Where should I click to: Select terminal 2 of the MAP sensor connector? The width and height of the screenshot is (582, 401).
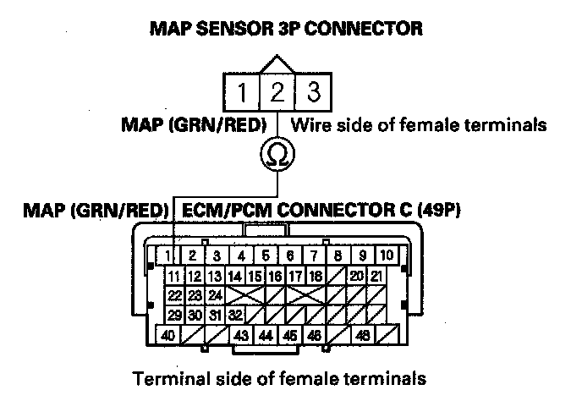click(277, 91)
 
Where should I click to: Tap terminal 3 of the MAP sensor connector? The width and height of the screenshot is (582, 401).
click(313, 91)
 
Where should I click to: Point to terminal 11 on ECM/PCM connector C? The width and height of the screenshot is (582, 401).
click(173, 276)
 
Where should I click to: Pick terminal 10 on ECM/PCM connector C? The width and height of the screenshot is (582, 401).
click(387, 255)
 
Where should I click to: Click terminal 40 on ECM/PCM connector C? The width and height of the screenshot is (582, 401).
click(168, 336)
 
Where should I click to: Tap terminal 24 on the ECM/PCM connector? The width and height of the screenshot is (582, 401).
click(215, 295)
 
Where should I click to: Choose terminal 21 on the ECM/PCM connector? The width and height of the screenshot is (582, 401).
click(376, 276)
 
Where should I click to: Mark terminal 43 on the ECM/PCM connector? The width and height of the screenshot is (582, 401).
click(242, 336)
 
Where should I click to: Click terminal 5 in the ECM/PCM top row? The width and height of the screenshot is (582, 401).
click(265, 255)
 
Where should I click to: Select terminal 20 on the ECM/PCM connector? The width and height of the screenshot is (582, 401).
click(356, 276)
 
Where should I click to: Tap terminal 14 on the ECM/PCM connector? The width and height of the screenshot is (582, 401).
click(234, 276)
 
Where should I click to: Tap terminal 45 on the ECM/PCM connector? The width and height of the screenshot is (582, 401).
click(291, 336)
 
